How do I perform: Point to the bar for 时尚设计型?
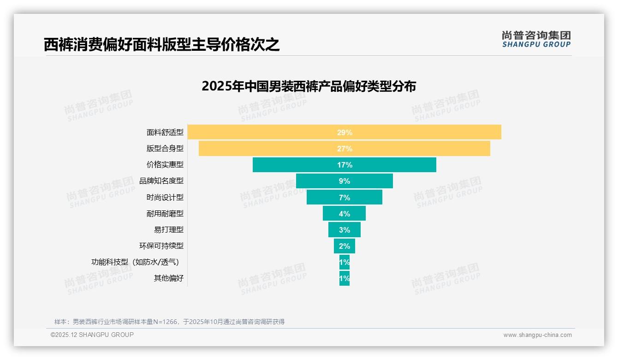[323, 197]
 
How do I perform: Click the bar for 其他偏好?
[345, 278]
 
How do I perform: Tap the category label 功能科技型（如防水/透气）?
[135, 262]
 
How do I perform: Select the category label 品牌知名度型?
[161, 181]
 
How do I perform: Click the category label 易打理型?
[169, 229]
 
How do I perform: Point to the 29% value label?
[345, 132]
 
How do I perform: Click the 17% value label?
[345, 165]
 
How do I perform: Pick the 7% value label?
[345, 198]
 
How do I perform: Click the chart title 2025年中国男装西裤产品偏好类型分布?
[309, 86]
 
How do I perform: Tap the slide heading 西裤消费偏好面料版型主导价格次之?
[161, 44]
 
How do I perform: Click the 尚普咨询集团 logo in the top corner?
[536, 39]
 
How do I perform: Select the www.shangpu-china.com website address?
[537, 335]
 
